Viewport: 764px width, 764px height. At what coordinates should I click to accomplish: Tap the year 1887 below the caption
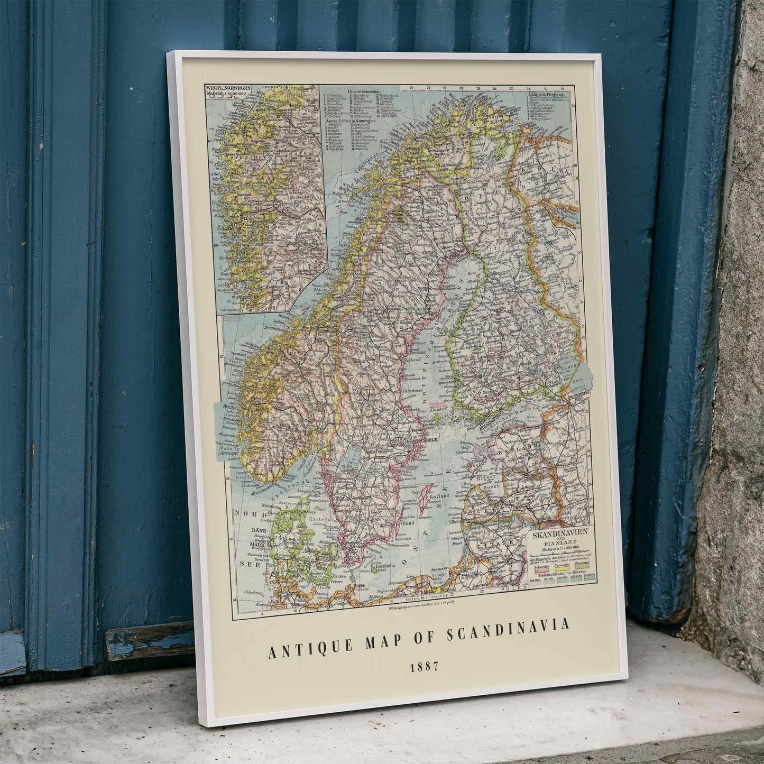425,667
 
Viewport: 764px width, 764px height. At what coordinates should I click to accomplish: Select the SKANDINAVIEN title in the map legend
559,535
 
